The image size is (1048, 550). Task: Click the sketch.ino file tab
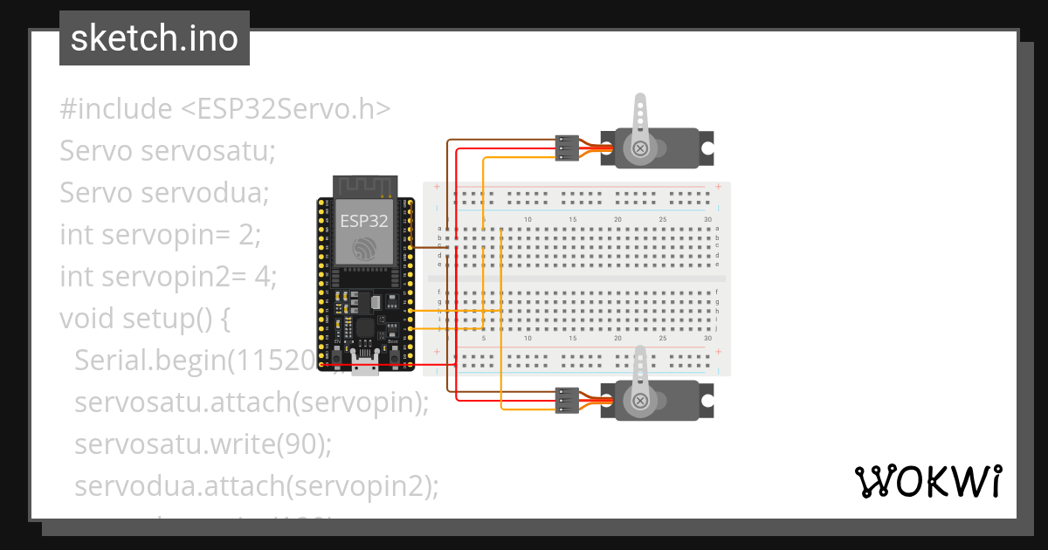155,38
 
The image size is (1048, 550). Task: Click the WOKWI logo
927,481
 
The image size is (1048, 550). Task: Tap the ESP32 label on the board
363,221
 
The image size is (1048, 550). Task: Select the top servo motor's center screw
640,148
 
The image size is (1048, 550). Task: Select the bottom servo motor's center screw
640,401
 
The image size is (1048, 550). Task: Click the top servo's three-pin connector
567,148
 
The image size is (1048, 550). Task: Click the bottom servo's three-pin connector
567,401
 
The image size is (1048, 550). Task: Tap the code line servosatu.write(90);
203,444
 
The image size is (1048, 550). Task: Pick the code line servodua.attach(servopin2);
256,486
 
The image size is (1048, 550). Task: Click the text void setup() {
145,319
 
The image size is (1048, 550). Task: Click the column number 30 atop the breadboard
707,219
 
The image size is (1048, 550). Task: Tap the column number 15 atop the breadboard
572,219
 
